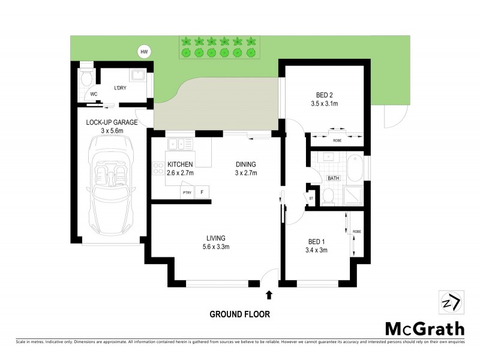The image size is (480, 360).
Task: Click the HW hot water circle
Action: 143,52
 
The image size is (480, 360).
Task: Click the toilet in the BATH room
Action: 328,196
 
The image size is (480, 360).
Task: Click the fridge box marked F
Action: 203,193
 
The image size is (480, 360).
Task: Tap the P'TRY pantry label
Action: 187,193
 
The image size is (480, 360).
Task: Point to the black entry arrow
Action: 269,294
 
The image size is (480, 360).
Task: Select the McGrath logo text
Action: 424,329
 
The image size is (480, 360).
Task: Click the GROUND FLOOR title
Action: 239,314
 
